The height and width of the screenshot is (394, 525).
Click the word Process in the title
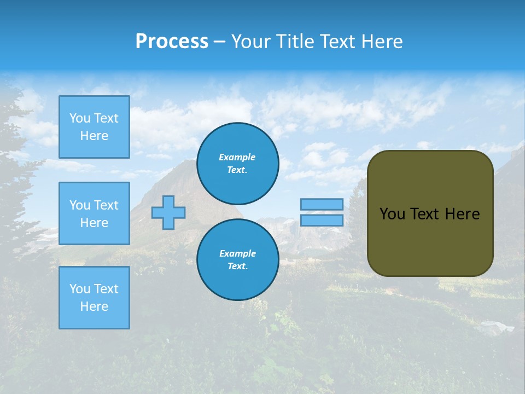click(172, 42)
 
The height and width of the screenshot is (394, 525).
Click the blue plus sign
click(168, 212)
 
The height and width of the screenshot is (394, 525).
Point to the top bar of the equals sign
click(322, 204)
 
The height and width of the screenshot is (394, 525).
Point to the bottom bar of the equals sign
click(322, 220)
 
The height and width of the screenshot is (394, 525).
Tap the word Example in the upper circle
click(237, 157)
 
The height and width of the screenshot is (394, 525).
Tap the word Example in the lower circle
click(237, 253)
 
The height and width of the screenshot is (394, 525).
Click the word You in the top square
click(79, 118)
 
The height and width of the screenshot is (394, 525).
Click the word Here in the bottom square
click(94, 306)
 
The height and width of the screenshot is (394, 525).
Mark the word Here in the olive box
click(462, 214)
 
